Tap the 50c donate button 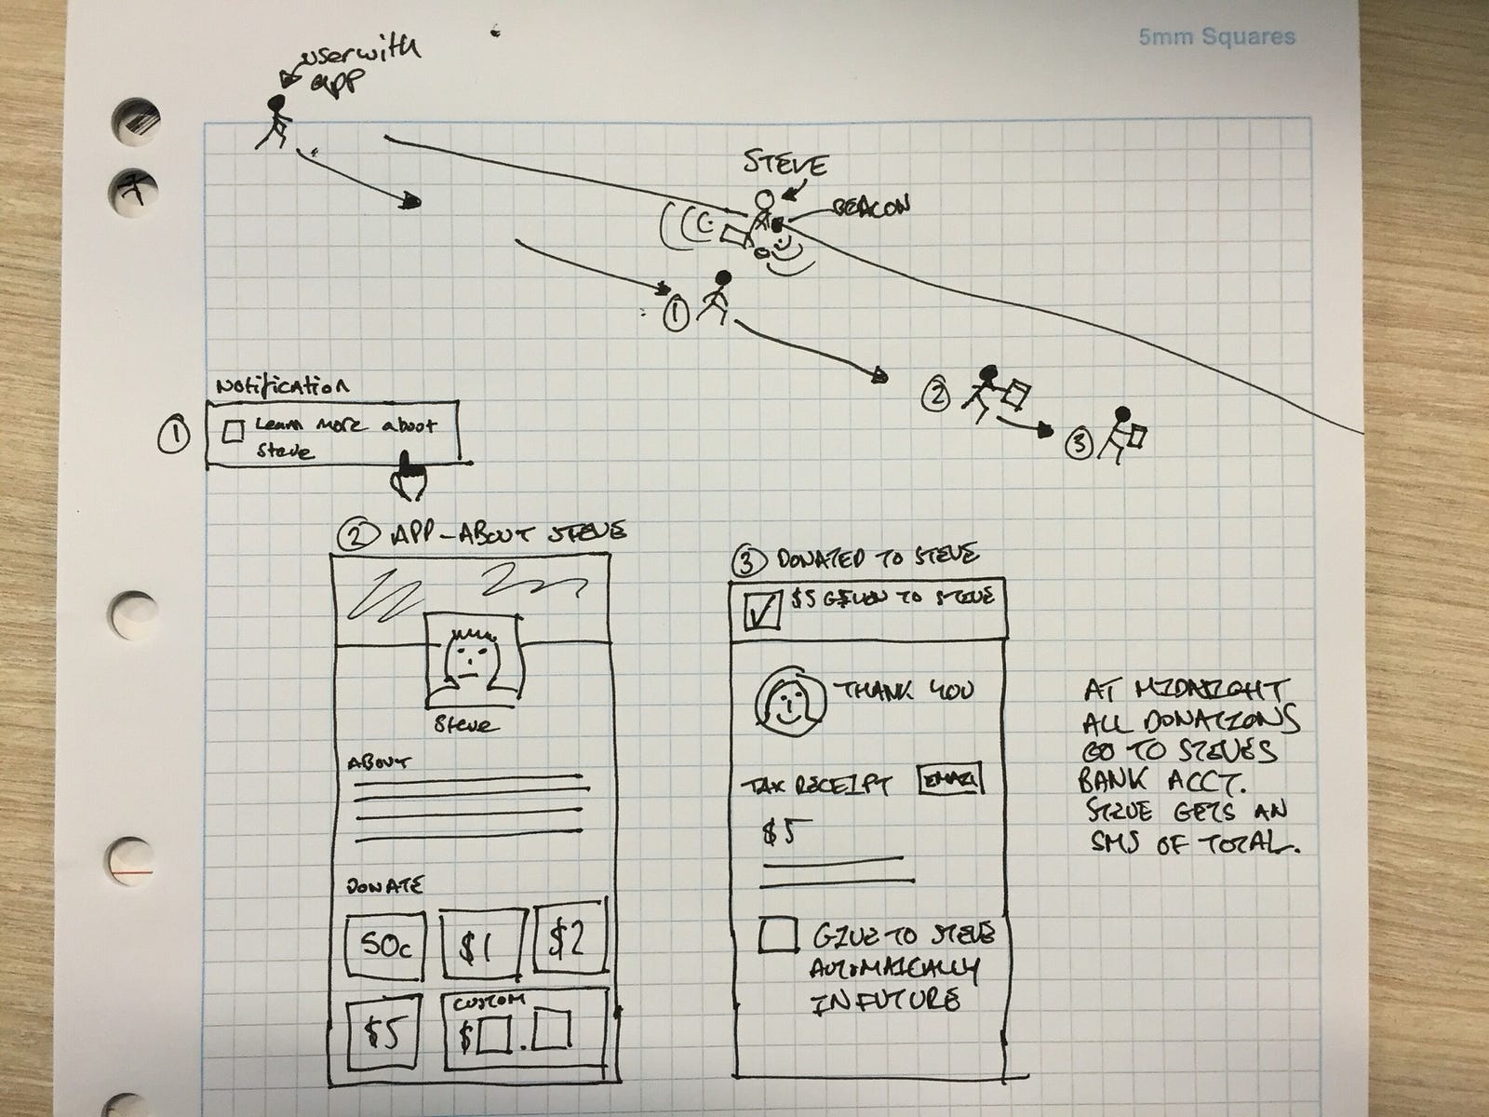pos(382,945)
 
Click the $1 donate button pos(481,945)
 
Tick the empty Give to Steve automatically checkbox pos(777,935)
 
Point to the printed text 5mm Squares pos(1216,38)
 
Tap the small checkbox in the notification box pos(235,430)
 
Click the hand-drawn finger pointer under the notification pos(408,475)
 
